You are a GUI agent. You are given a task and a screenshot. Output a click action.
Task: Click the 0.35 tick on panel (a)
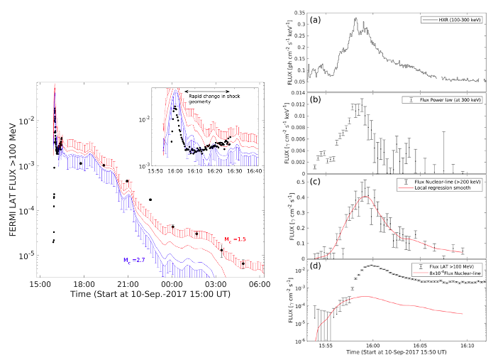(x=300, y=13)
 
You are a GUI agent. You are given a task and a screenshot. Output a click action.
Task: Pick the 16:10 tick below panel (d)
(x=466, y=345)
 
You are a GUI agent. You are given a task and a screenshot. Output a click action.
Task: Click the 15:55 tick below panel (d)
(x=326, y=345)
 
